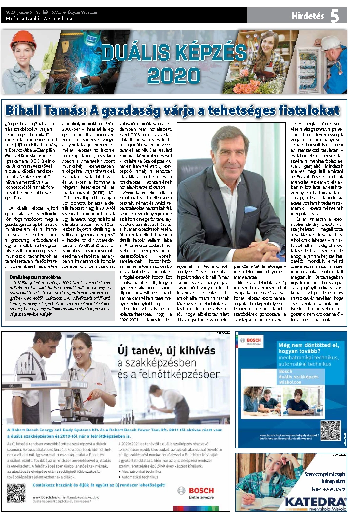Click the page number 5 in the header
[335, 16]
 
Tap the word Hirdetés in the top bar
[308, 16]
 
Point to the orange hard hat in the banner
[23, 39]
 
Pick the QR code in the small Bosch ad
[331, 430]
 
